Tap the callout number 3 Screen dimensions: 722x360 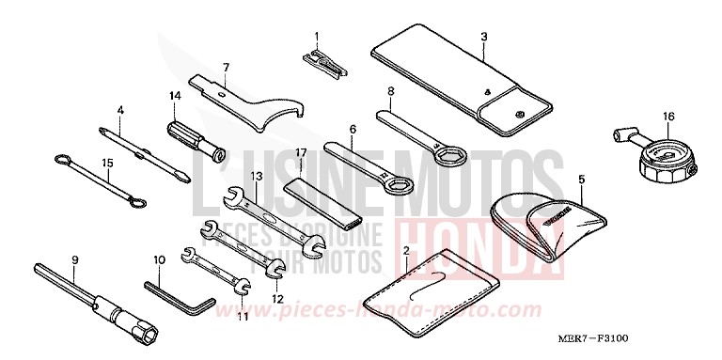[483, 37]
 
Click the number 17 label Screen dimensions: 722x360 [302, 152]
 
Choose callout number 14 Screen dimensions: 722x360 [175, 96]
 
